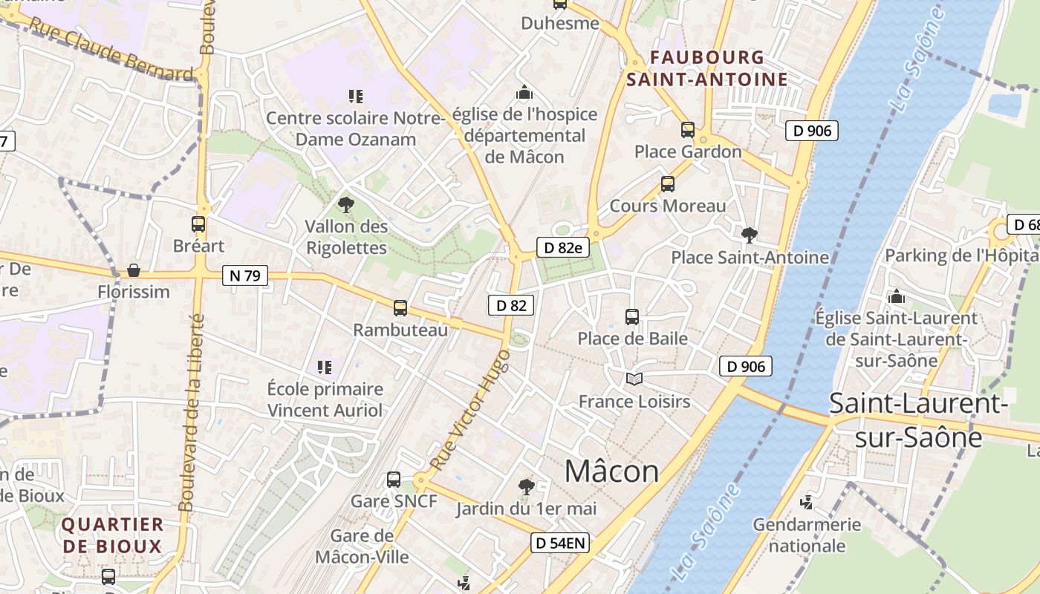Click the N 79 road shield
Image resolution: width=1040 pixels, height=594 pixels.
click(244, 275)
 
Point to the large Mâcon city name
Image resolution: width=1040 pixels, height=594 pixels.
click(611, 471)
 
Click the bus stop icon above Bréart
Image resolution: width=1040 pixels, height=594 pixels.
click(198, 223)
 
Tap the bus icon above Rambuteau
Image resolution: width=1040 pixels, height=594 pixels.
click(400, 307)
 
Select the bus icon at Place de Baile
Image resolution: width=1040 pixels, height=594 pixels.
click(632, 317)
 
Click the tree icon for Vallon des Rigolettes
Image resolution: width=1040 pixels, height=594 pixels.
click(345, 204)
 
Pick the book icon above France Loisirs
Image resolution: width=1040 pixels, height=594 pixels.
click(634, 379)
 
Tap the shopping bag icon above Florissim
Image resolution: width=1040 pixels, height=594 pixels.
click(134, 270)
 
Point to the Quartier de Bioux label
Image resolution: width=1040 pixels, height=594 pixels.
click(112, 535)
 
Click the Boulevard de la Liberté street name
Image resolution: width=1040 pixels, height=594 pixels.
click(192, 412)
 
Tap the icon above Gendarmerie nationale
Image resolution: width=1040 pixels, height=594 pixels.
click(806, 503)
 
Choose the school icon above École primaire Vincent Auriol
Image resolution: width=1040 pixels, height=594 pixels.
click(325, 367)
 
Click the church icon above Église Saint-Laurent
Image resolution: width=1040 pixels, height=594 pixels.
click(897, 296)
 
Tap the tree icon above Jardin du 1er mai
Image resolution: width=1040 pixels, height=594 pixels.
click(527, 487)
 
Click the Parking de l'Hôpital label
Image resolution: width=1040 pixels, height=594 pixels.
click(961, 256)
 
